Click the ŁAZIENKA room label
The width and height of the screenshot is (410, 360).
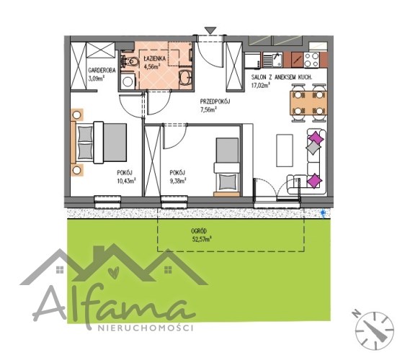pos(154,58)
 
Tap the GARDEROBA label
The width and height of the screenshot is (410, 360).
pos(102,71)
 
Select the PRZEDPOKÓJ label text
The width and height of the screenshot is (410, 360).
pos(215,102)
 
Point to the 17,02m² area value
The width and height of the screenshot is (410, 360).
pos(261,85)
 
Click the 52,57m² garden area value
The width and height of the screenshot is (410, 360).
pos(202,239)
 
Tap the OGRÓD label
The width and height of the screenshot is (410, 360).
pos(199,231)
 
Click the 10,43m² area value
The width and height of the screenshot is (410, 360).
pos(126,181)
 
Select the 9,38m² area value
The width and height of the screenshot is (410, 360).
pos(178,181)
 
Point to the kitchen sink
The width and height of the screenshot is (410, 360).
pos(272,60)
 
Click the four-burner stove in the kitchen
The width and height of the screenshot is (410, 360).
pos(312,60)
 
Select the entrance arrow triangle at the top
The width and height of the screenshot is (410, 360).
pos(210,30)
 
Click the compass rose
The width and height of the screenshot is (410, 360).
pos(374,330)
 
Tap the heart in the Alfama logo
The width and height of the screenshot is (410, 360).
pos(115,271)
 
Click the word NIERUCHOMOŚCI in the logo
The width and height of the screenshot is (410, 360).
pos(146,328)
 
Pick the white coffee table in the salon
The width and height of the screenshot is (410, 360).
pos(285,150)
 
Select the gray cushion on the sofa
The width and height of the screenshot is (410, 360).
pos(313,148)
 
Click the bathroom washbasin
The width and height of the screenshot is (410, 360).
pos(185,77)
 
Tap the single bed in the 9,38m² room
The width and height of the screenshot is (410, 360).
pos(227,167)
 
